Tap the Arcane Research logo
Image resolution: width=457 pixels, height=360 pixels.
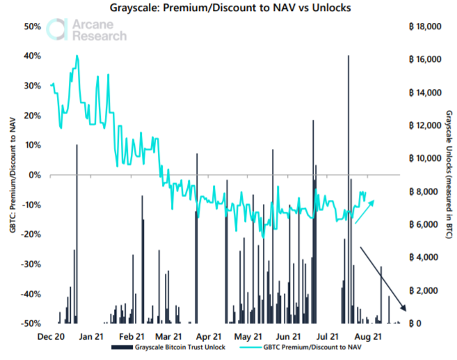coord(90,29)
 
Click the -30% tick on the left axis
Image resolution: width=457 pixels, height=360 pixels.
coord(33,264)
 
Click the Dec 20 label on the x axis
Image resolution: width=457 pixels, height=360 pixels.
coord(51,335)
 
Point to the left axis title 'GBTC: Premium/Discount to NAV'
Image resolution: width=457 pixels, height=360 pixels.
coord(13,174)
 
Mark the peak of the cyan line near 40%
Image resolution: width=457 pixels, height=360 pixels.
coord(77,56)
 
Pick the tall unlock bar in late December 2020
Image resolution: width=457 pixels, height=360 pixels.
coord(77,233)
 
